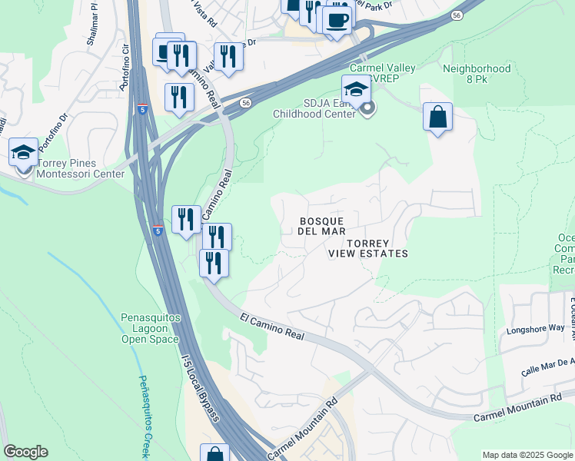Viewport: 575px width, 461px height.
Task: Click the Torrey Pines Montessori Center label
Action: pyautogui.click(x=70, y=174)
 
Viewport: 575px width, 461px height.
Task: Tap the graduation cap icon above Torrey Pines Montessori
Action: pyautogui.click(x=24, y=153)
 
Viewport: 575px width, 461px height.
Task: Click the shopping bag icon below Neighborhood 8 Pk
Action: pyautogui.click(x=437, y=118)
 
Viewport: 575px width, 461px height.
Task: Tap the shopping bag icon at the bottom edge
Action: pyautogui.click(x=215, y=455)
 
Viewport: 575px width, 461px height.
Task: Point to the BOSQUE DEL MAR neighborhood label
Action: pyautogui.click(x=321, y=226)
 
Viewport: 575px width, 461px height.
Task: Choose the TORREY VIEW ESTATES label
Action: pyautogui.click(x=367, y=248)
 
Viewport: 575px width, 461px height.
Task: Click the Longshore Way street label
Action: pyautogui.click(x=535, y=329)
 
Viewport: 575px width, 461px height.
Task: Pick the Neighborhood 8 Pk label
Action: pyautogui.click(x=477, y=74)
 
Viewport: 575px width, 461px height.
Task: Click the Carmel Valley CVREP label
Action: pyautogui.click(x=383, y=74)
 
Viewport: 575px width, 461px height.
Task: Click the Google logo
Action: pyautogui.click(x=25, y=453)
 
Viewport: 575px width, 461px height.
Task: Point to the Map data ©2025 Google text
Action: pyautogui.click(x=527, y=455)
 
